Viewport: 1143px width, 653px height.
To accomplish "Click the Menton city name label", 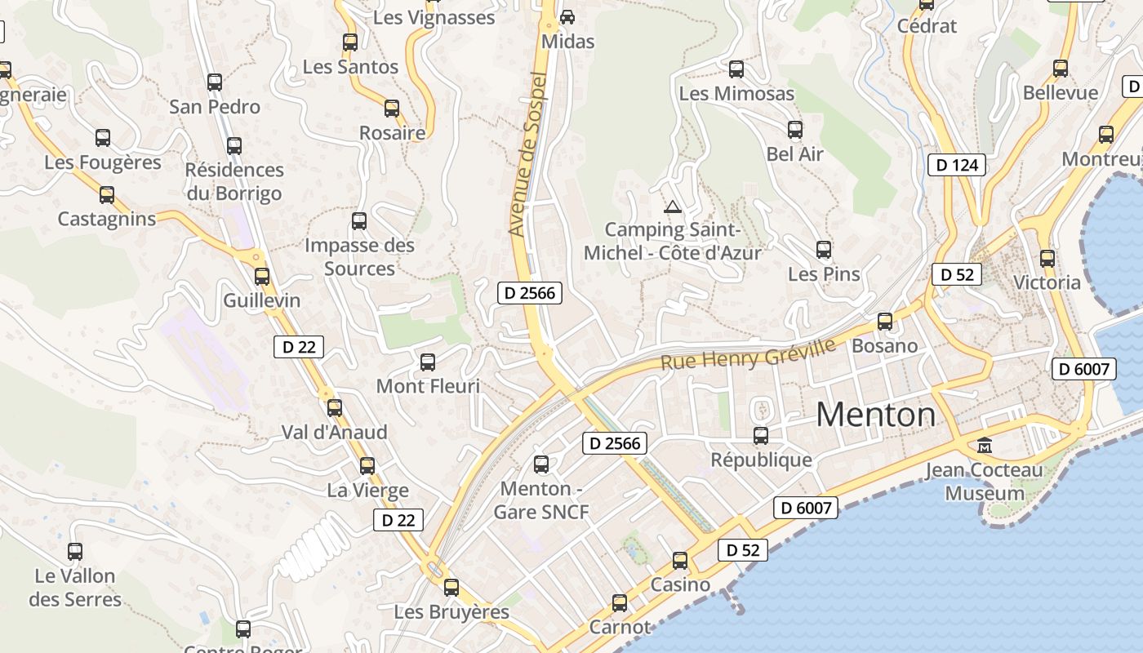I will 876,415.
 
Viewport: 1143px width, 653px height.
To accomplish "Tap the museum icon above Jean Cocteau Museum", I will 985,446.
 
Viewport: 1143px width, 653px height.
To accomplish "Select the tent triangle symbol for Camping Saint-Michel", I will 672,207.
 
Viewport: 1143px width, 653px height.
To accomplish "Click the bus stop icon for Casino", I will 680,561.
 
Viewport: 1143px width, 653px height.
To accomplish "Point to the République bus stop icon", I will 761,436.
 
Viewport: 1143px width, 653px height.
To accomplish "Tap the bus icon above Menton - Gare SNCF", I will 540,464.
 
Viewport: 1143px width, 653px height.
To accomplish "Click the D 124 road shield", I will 957,165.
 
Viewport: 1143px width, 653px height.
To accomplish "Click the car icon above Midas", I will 567,16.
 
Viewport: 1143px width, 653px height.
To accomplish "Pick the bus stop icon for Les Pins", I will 824,250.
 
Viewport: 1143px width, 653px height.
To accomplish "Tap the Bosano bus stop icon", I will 885,322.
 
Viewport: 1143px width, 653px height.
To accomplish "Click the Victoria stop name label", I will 1047,282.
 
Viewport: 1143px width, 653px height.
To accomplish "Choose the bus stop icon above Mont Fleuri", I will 428,362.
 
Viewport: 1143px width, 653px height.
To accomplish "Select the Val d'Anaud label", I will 335,432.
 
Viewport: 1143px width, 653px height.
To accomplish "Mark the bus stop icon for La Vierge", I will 367,466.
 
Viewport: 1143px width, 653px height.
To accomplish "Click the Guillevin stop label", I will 262,300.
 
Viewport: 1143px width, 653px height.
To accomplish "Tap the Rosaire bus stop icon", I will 392,109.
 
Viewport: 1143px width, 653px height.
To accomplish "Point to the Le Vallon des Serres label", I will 75,588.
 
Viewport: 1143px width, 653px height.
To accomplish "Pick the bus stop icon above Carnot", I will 620,603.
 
